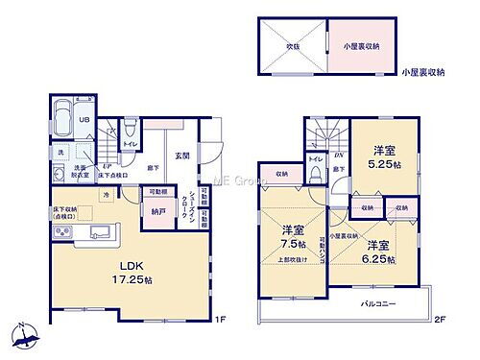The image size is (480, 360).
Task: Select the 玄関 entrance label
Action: pyautogui.click(x=181, y=156)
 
